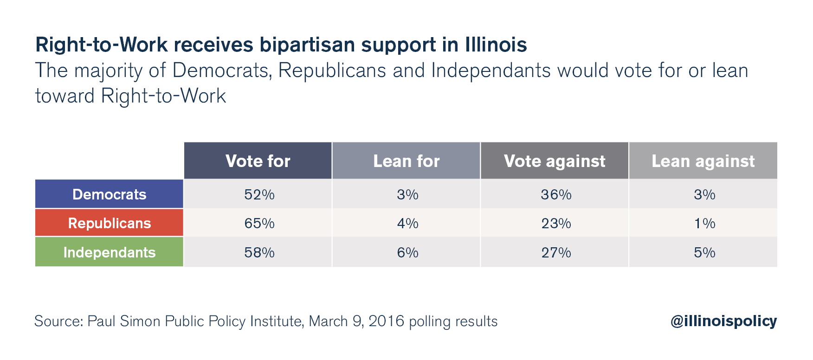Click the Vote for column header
258,161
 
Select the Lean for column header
406,161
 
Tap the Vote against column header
555,161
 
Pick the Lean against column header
703,161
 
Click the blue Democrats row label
110,194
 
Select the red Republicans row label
110,223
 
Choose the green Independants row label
110,252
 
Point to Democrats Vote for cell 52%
259,194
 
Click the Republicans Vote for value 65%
259,224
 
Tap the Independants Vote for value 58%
259,253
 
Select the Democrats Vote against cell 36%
556,194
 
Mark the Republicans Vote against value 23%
556,224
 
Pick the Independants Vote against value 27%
556,253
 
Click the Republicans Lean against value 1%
704,224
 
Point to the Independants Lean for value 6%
407,253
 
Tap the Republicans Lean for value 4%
407,224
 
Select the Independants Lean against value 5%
704,253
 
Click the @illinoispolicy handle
723,321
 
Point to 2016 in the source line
386,321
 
